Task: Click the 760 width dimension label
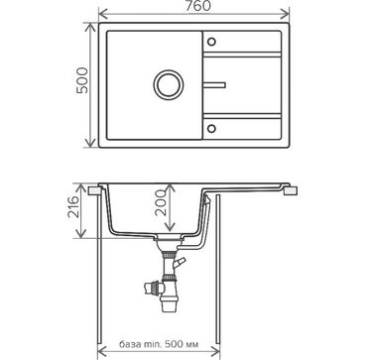(x=197, y=6)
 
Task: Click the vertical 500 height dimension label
(x=82, y=80)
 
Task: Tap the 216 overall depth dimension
(x=72, y=207)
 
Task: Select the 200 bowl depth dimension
(x=160, y=202)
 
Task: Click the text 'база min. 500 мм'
(x=159, y=344)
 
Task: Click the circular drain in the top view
(x=169, y=84)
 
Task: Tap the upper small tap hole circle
(x=211, y=42)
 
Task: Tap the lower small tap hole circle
(x=211, y=128)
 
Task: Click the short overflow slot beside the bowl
(x=214, y=85)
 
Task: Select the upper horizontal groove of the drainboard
(x=242, y=55)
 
